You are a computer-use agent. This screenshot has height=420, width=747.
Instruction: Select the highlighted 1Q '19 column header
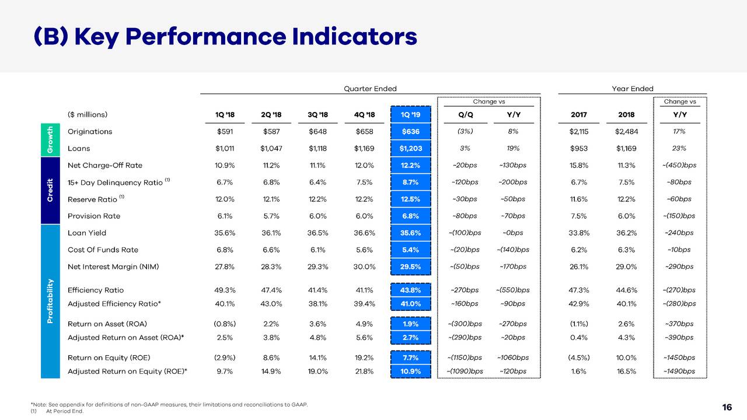tap(411, 114)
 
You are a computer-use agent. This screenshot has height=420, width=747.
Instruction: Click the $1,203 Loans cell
tap(411, 148)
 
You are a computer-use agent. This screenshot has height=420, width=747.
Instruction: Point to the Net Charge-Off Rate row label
tap(105, 165)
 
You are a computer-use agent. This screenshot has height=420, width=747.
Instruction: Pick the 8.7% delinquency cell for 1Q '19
tap(411, 182)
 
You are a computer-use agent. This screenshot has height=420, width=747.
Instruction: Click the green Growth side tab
tap(50, 140)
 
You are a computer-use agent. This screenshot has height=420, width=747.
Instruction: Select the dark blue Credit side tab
tap(50, 190)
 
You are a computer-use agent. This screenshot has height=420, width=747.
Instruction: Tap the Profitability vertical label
tap(50, 300)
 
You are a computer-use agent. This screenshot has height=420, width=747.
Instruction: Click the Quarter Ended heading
tap(370, 89)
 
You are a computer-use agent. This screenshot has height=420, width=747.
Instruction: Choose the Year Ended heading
tap(633, 89)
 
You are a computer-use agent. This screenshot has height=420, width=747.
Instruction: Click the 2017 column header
tap(579, 114)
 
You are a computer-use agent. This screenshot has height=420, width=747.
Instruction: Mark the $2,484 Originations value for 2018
tap(627, 131)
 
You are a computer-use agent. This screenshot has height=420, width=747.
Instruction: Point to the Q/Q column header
tap(466, 114)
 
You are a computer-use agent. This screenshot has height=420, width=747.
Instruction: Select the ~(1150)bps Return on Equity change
tap(465, 358)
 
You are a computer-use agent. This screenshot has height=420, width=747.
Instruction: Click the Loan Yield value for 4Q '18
tap(365, 233)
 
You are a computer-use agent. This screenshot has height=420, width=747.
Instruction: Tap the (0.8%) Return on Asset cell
tap(225, 324)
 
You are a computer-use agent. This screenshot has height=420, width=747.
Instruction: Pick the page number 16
tap(727, 407)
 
